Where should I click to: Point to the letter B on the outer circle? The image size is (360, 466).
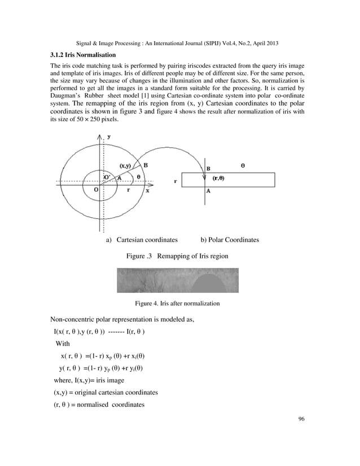pos(146,165)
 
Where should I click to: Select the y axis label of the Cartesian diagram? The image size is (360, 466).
pos(109,137)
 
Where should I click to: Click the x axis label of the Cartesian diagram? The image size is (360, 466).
pos(147,191)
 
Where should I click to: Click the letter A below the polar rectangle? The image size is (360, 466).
pos(209,191)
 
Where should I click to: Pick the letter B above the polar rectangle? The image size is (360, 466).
pos(209,168)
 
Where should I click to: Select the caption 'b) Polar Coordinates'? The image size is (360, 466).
pos(230,240)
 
